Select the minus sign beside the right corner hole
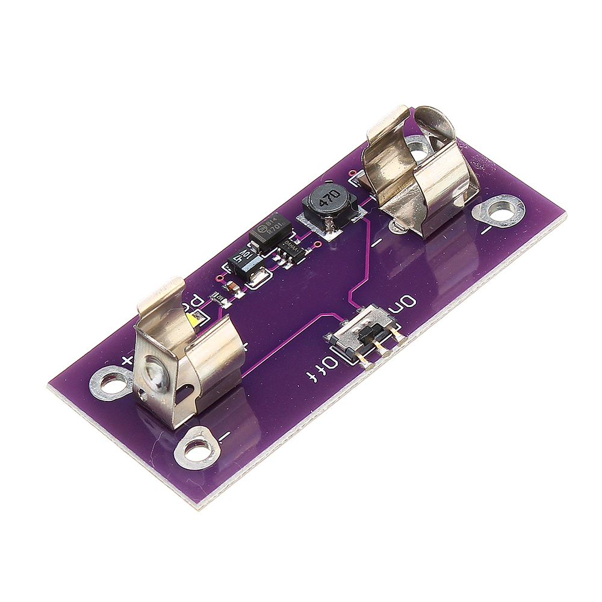click(x=487, y=231)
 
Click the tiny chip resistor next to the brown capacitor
click(x=216, y=297)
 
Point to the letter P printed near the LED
click(x=197, y=301)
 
